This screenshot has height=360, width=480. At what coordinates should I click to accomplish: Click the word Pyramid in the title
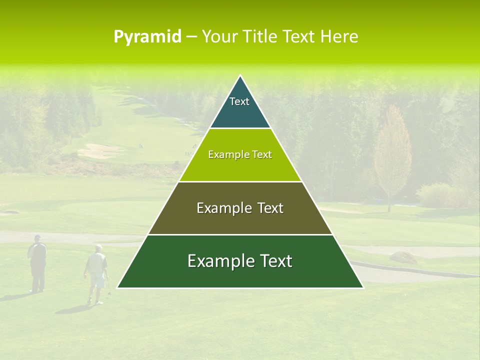pyautogui.click(x=147, y=37)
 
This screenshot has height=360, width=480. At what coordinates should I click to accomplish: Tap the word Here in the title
pyautogui.click(x=339, y=36)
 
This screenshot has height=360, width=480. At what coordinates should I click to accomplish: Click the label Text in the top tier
pyautogui.click(x=239, y=101)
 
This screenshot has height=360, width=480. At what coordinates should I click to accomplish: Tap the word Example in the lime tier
pyautogui.click(x=226, y=154)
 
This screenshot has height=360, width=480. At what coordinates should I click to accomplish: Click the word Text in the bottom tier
pyautogui.click(x=272, y=261)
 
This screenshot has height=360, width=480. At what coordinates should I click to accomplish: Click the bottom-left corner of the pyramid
pyautogui.click(x=117, y=287)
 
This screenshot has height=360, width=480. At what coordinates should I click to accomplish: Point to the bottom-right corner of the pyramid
pyautogui.click(x=363, y=287)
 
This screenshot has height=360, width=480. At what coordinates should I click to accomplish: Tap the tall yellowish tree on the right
pyautogui.click(x=392, y=155)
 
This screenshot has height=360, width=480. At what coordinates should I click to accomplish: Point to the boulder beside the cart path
pyautogui.click(x=403, y=257)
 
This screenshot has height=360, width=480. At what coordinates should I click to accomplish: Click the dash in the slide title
pyautogui.click(x=191, y=37)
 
